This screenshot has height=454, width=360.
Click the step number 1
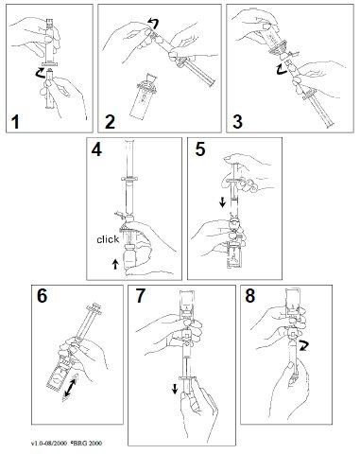(x=15, y=122)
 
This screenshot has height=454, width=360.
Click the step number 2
(x=110, y=122)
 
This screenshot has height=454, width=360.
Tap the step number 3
(x=238, y=122)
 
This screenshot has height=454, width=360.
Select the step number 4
(x=96, y=149)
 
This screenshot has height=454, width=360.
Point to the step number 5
(x=200, y=149)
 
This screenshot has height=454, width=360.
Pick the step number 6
(x=42, y=296)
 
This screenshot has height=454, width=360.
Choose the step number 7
(x=141, y=296)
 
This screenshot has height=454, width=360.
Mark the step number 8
(x=250, y=296)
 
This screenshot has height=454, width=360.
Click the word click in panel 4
(x=108, y=239)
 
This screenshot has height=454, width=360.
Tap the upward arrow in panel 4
(x=115, y=264)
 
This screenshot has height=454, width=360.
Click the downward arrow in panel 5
(x=223, y=202)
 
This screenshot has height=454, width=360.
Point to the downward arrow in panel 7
(x=174, y=390)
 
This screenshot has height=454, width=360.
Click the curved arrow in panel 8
(x=305, y=345)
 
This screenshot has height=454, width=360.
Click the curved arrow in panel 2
(x=154, y=24)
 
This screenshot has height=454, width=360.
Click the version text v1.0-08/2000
(x=49, y=444)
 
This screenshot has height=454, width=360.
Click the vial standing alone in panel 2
(x=144, y=96)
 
